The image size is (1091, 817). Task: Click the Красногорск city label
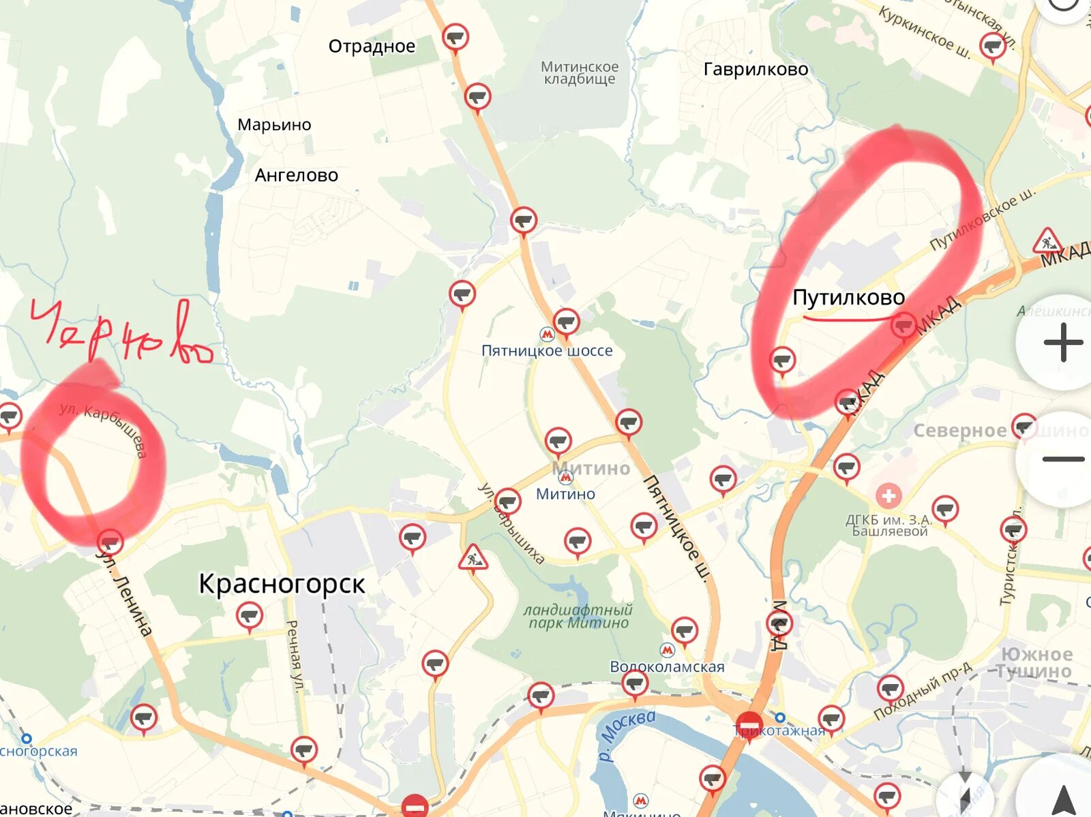(282, 584)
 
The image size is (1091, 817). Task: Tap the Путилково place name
(848, 298)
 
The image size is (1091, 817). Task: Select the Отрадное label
(372, 46)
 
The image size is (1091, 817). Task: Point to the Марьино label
(274, 125)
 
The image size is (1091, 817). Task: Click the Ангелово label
(296, 175)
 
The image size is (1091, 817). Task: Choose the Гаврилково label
(756, 69)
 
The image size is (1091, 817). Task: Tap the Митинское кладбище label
(580, 73)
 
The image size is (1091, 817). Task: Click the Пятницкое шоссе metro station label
(547, 350)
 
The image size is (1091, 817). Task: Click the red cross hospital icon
(888, 495)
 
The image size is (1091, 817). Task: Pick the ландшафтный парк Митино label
(578, 616)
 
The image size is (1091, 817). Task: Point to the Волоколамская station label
(667, 666)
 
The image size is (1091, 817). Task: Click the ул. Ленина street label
(125, 594)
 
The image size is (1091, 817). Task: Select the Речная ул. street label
(294, 656)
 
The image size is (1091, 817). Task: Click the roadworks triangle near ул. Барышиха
(472, 559)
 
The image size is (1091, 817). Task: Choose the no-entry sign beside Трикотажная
(749, 724)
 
